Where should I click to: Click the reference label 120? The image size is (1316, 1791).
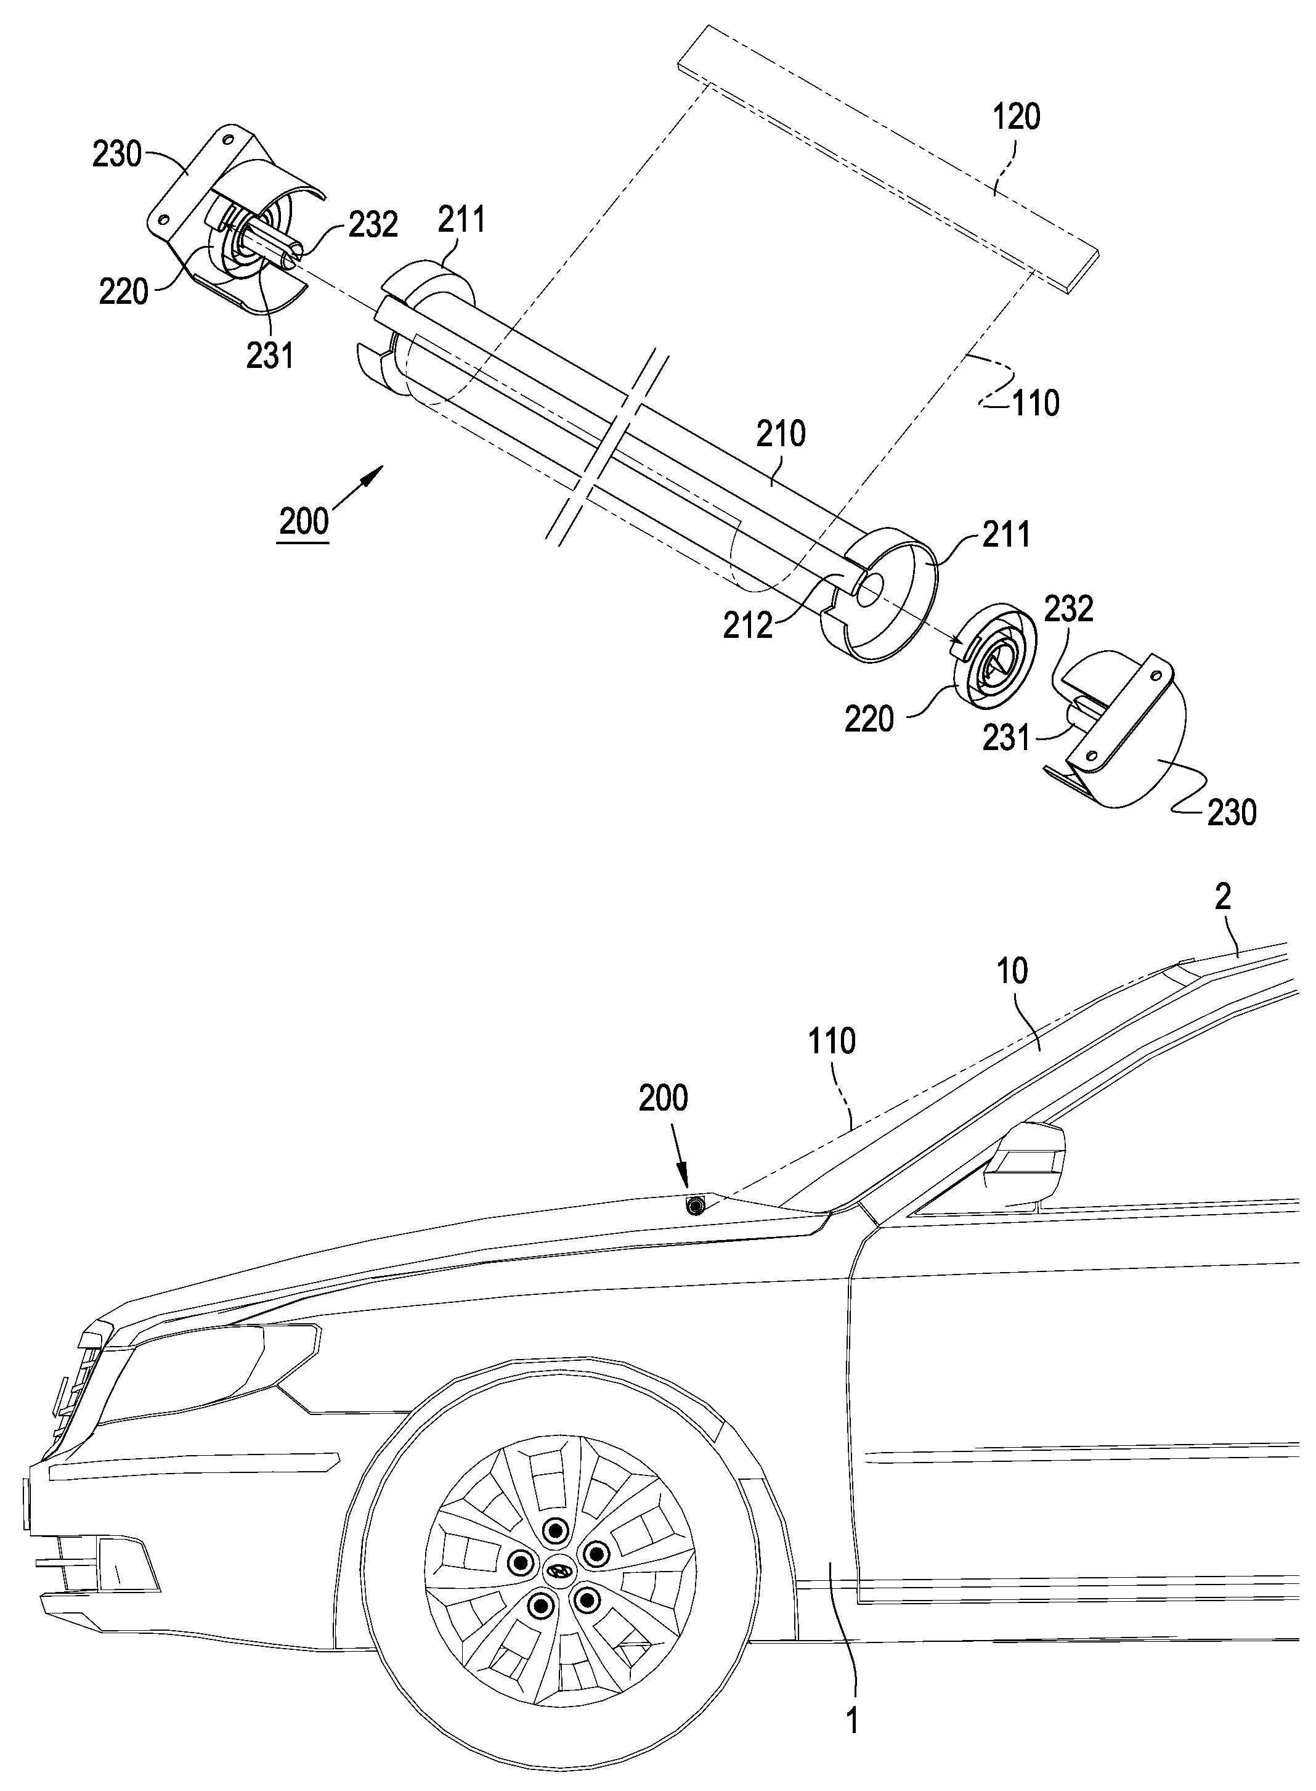[1016, 116]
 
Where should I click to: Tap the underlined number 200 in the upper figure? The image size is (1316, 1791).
[304, 522]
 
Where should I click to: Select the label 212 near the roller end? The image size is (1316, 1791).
[748, 626]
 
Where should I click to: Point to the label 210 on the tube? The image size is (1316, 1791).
[781, 434]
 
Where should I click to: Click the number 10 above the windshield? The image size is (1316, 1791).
[1012, 971]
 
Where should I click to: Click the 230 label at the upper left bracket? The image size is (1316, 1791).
[117, 153]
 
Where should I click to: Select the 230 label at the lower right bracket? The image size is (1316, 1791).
[1232, 813]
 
